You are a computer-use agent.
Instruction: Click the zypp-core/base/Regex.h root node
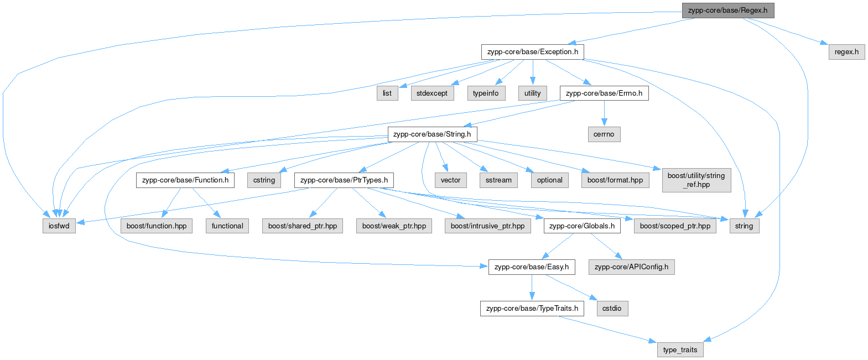tap(728, 11)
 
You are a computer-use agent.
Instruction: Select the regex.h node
tap(846, 52)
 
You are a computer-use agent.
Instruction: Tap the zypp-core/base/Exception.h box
tap(532, 52)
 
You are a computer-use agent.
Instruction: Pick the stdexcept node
tap(432, 93)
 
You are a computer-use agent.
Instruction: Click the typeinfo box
tap(486, 93)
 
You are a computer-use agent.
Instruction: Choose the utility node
tap(532, 93)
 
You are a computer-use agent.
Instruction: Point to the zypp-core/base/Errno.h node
tap(604, 93)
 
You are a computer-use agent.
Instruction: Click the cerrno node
tap(604, 134)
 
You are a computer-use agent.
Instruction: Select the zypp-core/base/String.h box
tap(432, 134)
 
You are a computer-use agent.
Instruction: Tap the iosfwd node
tap(59, 226)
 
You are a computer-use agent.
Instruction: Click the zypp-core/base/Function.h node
tap(185, 180)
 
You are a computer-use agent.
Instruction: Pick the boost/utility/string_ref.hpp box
tap(697, 180)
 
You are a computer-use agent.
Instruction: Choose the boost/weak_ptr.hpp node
tap(394, 226)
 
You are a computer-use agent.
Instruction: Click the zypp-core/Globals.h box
tap(582, 226)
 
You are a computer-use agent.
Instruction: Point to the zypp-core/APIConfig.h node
tap(632, 267)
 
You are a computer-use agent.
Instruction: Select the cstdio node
tap(612, 309)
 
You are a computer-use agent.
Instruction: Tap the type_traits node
tap(680, 350)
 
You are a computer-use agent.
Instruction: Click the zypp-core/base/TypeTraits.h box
tap(532, 309)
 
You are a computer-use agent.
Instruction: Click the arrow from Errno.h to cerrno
tap(604, 113)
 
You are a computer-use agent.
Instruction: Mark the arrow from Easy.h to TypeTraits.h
tap(532, 288)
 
